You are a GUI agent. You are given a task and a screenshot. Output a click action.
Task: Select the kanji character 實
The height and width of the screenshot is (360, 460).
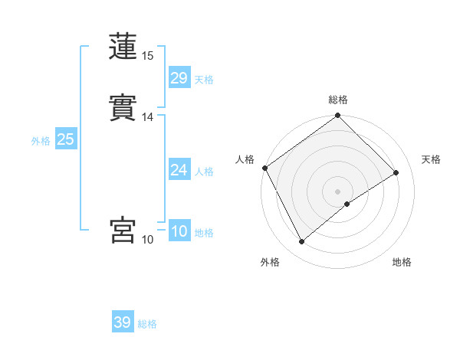tap(123, 108)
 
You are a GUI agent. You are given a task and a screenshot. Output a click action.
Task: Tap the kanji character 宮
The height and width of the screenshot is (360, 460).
tap(123, 230)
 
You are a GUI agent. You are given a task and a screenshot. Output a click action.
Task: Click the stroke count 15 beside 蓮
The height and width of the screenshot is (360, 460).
tap(148, 56)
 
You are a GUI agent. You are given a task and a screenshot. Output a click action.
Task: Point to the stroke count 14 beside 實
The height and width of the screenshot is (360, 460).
tap(148, 117)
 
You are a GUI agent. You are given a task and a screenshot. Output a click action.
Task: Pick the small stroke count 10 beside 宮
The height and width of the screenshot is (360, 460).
tap(148, 240)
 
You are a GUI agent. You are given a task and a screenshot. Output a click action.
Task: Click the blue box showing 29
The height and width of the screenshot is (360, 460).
tap(179, 78)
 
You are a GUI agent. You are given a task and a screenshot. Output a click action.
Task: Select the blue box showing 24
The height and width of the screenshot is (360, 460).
tap(179, 170)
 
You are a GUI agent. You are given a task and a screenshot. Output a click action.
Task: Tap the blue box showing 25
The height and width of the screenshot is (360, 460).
tap(65, 139)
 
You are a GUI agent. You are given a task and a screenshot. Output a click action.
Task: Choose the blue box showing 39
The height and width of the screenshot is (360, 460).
tap(123, 322)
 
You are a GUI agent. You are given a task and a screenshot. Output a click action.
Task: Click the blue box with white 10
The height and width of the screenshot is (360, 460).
tap(179, 231)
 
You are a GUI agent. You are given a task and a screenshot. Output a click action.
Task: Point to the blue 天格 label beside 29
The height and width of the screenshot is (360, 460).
tap(204, 80)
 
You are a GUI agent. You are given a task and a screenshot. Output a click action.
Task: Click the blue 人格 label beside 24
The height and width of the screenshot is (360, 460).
tap(204, 172)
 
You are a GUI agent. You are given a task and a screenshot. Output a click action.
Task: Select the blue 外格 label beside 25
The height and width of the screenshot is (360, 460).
tap(41, 141)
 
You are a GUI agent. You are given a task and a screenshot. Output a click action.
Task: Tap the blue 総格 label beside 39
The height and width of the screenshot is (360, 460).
tap(148, 324)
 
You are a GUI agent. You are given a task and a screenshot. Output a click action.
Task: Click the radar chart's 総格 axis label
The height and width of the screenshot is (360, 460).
tap(338, 100)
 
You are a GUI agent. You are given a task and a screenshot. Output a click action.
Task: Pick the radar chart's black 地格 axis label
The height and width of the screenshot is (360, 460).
tap(402, 262)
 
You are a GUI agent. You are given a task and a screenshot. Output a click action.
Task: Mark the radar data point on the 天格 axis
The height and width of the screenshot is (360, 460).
tap(396, 172)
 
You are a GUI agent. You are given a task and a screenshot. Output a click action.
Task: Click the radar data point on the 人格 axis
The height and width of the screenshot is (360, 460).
tap(264, 168)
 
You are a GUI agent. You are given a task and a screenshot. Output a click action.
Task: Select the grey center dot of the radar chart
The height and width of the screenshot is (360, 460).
tap(338, 191)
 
